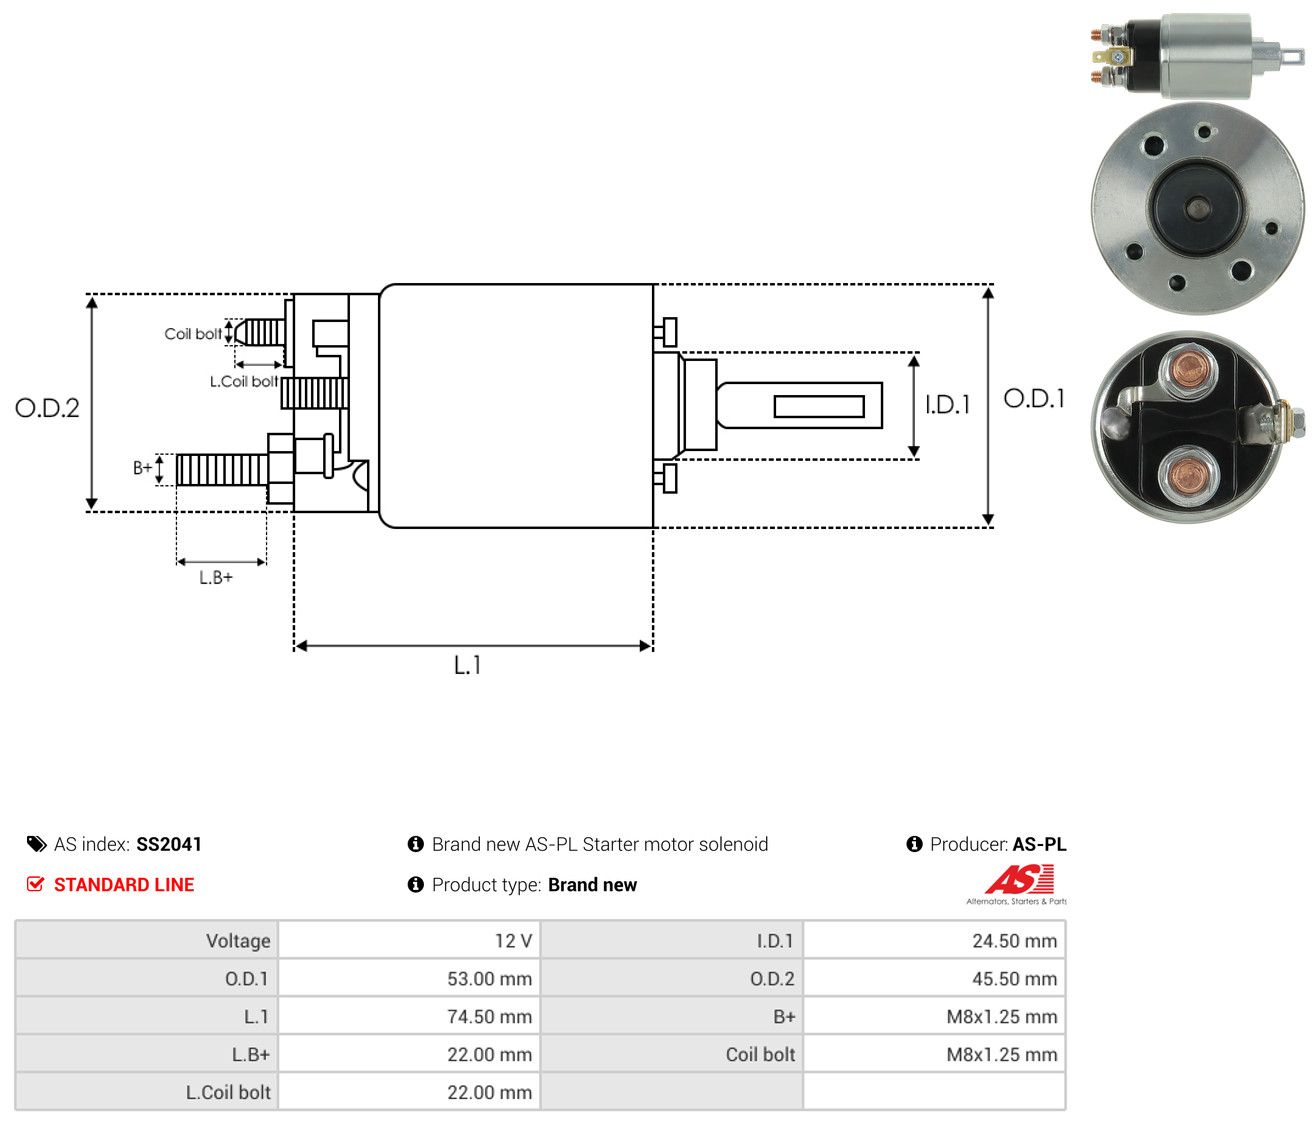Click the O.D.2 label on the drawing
pos(47,408)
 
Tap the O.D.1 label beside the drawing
pos(1033,399)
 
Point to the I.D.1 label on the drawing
pos(947,405)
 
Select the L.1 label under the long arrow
pos(467,665)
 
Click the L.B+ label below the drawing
pos(216,578)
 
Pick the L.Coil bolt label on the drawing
pos(244,381)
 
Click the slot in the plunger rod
pos(819,406)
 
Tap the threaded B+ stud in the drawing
pos(222,470)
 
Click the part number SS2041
pos(169,844)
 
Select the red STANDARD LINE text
pos(124,885)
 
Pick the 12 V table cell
pos(409,941)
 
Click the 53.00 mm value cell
pos(409,979)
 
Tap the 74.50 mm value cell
pos(409,1016)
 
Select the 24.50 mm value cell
pos(934,941)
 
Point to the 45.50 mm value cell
pos(934,979)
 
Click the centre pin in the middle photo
pos(1198,207)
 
